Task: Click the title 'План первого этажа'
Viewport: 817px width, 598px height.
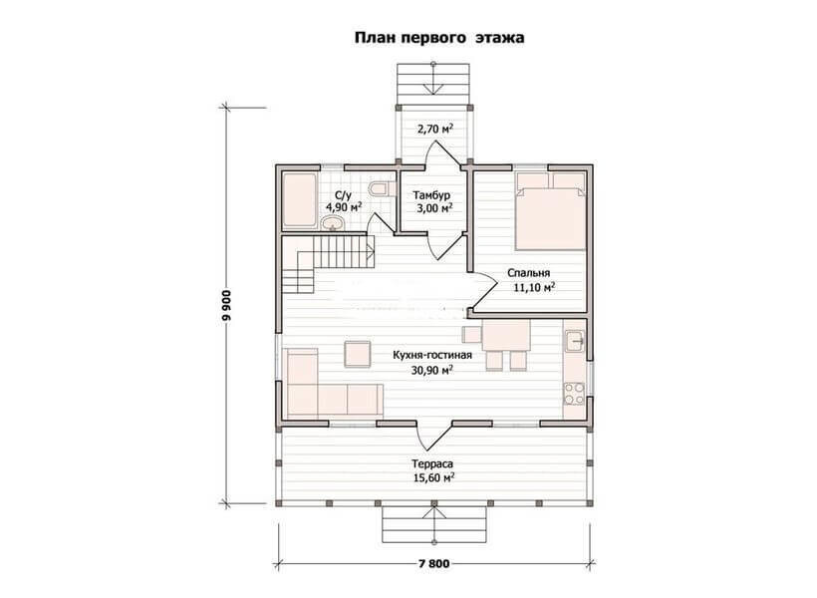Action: (439, 38)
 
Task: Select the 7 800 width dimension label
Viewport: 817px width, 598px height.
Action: (433, 564)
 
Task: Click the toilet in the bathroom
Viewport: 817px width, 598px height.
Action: (379, 188)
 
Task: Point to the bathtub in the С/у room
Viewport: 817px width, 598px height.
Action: (300, 200)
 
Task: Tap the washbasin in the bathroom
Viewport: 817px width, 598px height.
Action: (332, 224)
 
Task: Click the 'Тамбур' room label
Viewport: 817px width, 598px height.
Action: (431, 195)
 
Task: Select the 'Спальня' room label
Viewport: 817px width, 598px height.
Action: (528, 273)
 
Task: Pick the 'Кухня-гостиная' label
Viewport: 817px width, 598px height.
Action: (432, 356)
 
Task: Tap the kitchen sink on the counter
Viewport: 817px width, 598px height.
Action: (575, 341)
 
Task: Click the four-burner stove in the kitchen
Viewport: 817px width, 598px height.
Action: (574, 394)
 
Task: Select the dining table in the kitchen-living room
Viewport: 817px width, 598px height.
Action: (506, 335)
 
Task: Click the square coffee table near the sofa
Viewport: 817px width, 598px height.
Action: (358, 354)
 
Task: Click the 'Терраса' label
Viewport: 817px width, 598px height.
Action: (432, 464)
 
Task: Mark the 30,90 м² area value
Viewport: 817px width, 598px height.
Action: (432, 371)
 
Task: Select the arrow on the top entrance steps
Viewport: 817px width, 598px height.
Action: (433, 78)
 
